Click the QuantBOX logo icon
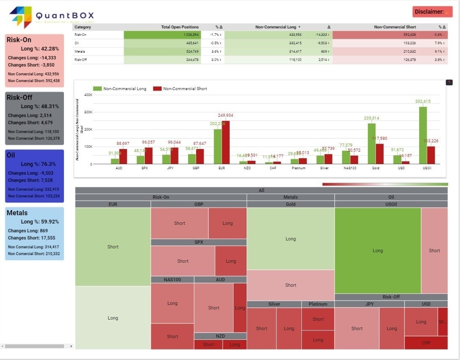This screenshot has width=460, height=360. click(x=21, y=16)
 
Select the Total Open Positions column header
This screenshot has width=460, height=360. click(x=180, y=27)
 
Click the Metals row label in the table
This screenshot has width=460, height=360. click(x=80, y=51)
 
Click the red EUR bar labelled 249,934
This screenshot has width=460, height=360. click(x=226, y=142)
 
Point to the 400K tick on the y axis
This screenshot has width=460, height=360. click(x=88, y=95)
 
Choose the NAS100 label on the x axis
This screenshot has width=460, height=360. click(x=350, y=168)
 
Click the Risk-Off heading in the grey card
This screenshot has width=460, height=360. click(x=19, y=97)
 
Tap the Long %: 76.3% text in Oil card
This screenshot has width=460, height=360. click(x=38, y=164)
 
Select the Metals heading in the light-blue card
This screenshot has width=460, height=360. click(x=17, y=213)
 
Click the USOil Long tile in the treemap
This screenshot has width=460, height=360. click(x=378, y=251)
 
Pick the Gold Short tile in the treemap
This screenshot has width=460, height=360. click(x=290, y=285)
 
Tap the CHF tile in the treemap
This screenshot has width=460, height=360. click(x=426, y=343)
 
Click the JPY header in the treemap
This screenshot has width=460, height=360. click(x=369, y=304)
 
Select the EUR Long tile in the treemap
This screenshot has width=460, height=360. click(x=113, y=318)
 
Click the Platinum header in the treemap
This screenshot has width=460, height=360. click(x=318, y=304)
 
